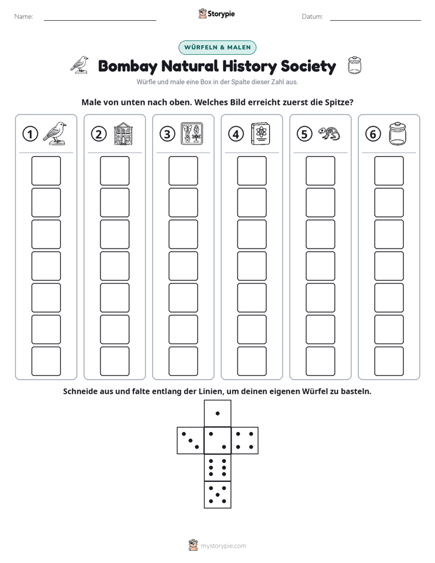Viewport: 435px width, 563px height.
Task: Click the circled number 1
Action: point(30,134)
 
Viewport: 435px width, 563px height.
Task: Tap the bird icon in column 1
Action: point(55,133)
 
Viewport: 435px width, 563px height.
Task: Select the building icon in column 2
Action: point(123,133)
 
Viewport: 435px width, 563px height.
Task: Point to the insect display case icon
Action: point(192,133)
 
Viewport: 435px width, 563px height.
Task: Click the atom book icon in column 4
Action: point(261,134)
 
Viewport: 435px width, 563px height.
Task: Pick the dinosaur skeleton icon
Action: point(329,133)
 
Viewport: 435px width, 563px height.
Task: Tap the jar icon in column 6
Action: point(398,133)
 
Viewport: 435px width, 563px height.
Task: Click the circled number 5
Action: point(305,134)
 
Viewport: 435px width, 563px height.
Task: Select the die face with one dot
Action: point(217,413)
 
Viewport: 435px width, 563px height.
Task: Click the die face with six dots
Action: point(217,467)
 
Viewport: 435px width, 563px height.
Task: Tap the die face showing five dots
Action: point(217,495)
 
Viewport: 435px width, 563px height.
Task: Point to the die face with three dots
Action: point(191,440)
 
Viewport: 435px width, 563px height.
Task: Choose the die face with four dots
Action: point(245,440)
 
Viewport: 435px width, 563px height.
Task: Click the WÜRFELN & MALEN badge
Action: point(217,48)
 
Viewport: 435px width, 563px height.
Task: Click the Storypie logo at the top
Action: point(217,13)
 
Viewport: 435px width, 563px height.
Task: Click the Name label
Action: point(24,16)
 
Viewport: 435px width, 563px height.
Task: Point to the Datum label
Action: point(313,16)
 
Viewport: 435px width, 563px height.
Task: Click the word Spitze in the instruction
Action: point(339,102)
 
